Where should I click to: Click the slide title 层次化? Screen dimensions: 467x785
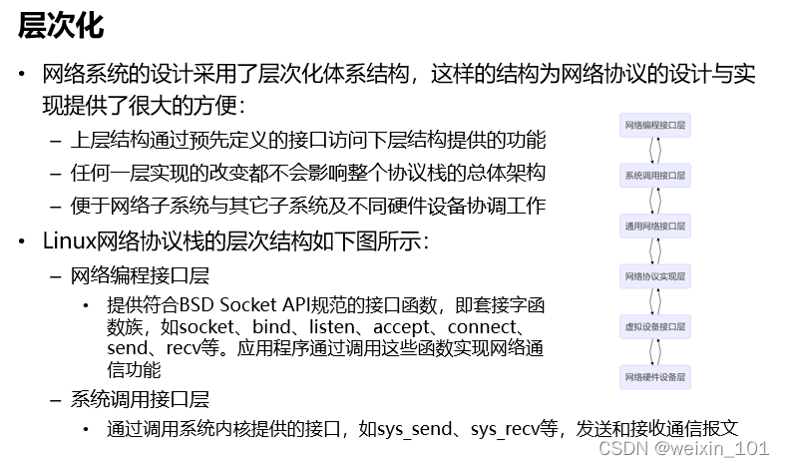pyautogui.click(x=61, y=25)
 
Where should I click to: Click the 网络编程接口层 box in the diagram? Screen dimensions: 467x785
pyautogui.click(x=655, y=126)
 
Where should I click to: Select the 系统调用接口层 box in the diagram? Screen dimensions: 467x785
pyautogui.click(x=655, y=176)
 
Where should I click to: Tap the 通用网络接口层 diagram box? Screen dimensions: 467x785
pyautogui.click(x=655, y=226)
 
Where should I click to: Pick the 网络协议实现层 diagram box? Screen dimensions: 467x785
pyautogui.click(x=655, y=275)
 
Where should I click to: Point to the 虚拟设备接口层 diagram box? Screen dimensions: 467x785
pyautogui.click(x=655, y=326)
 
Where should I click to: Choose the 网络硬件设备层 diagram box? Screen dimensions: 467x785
pyautogui.click(x=655, y=377)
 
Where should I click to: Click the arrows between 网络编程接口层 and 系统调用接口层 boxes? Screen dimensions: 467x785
pyautogui.click(x=655, y=151)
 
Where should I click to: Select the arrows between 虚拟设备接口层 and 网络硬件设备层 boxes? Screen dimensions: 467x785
pyautogui.click(x=655, y=351)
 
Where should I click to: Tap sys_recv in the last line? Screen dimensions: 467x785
pyautogui.click(x=502, y=429)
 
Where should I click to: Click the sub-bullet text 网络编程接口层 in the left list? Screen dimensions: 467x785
pyautogui.click(x=140, y=274)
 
